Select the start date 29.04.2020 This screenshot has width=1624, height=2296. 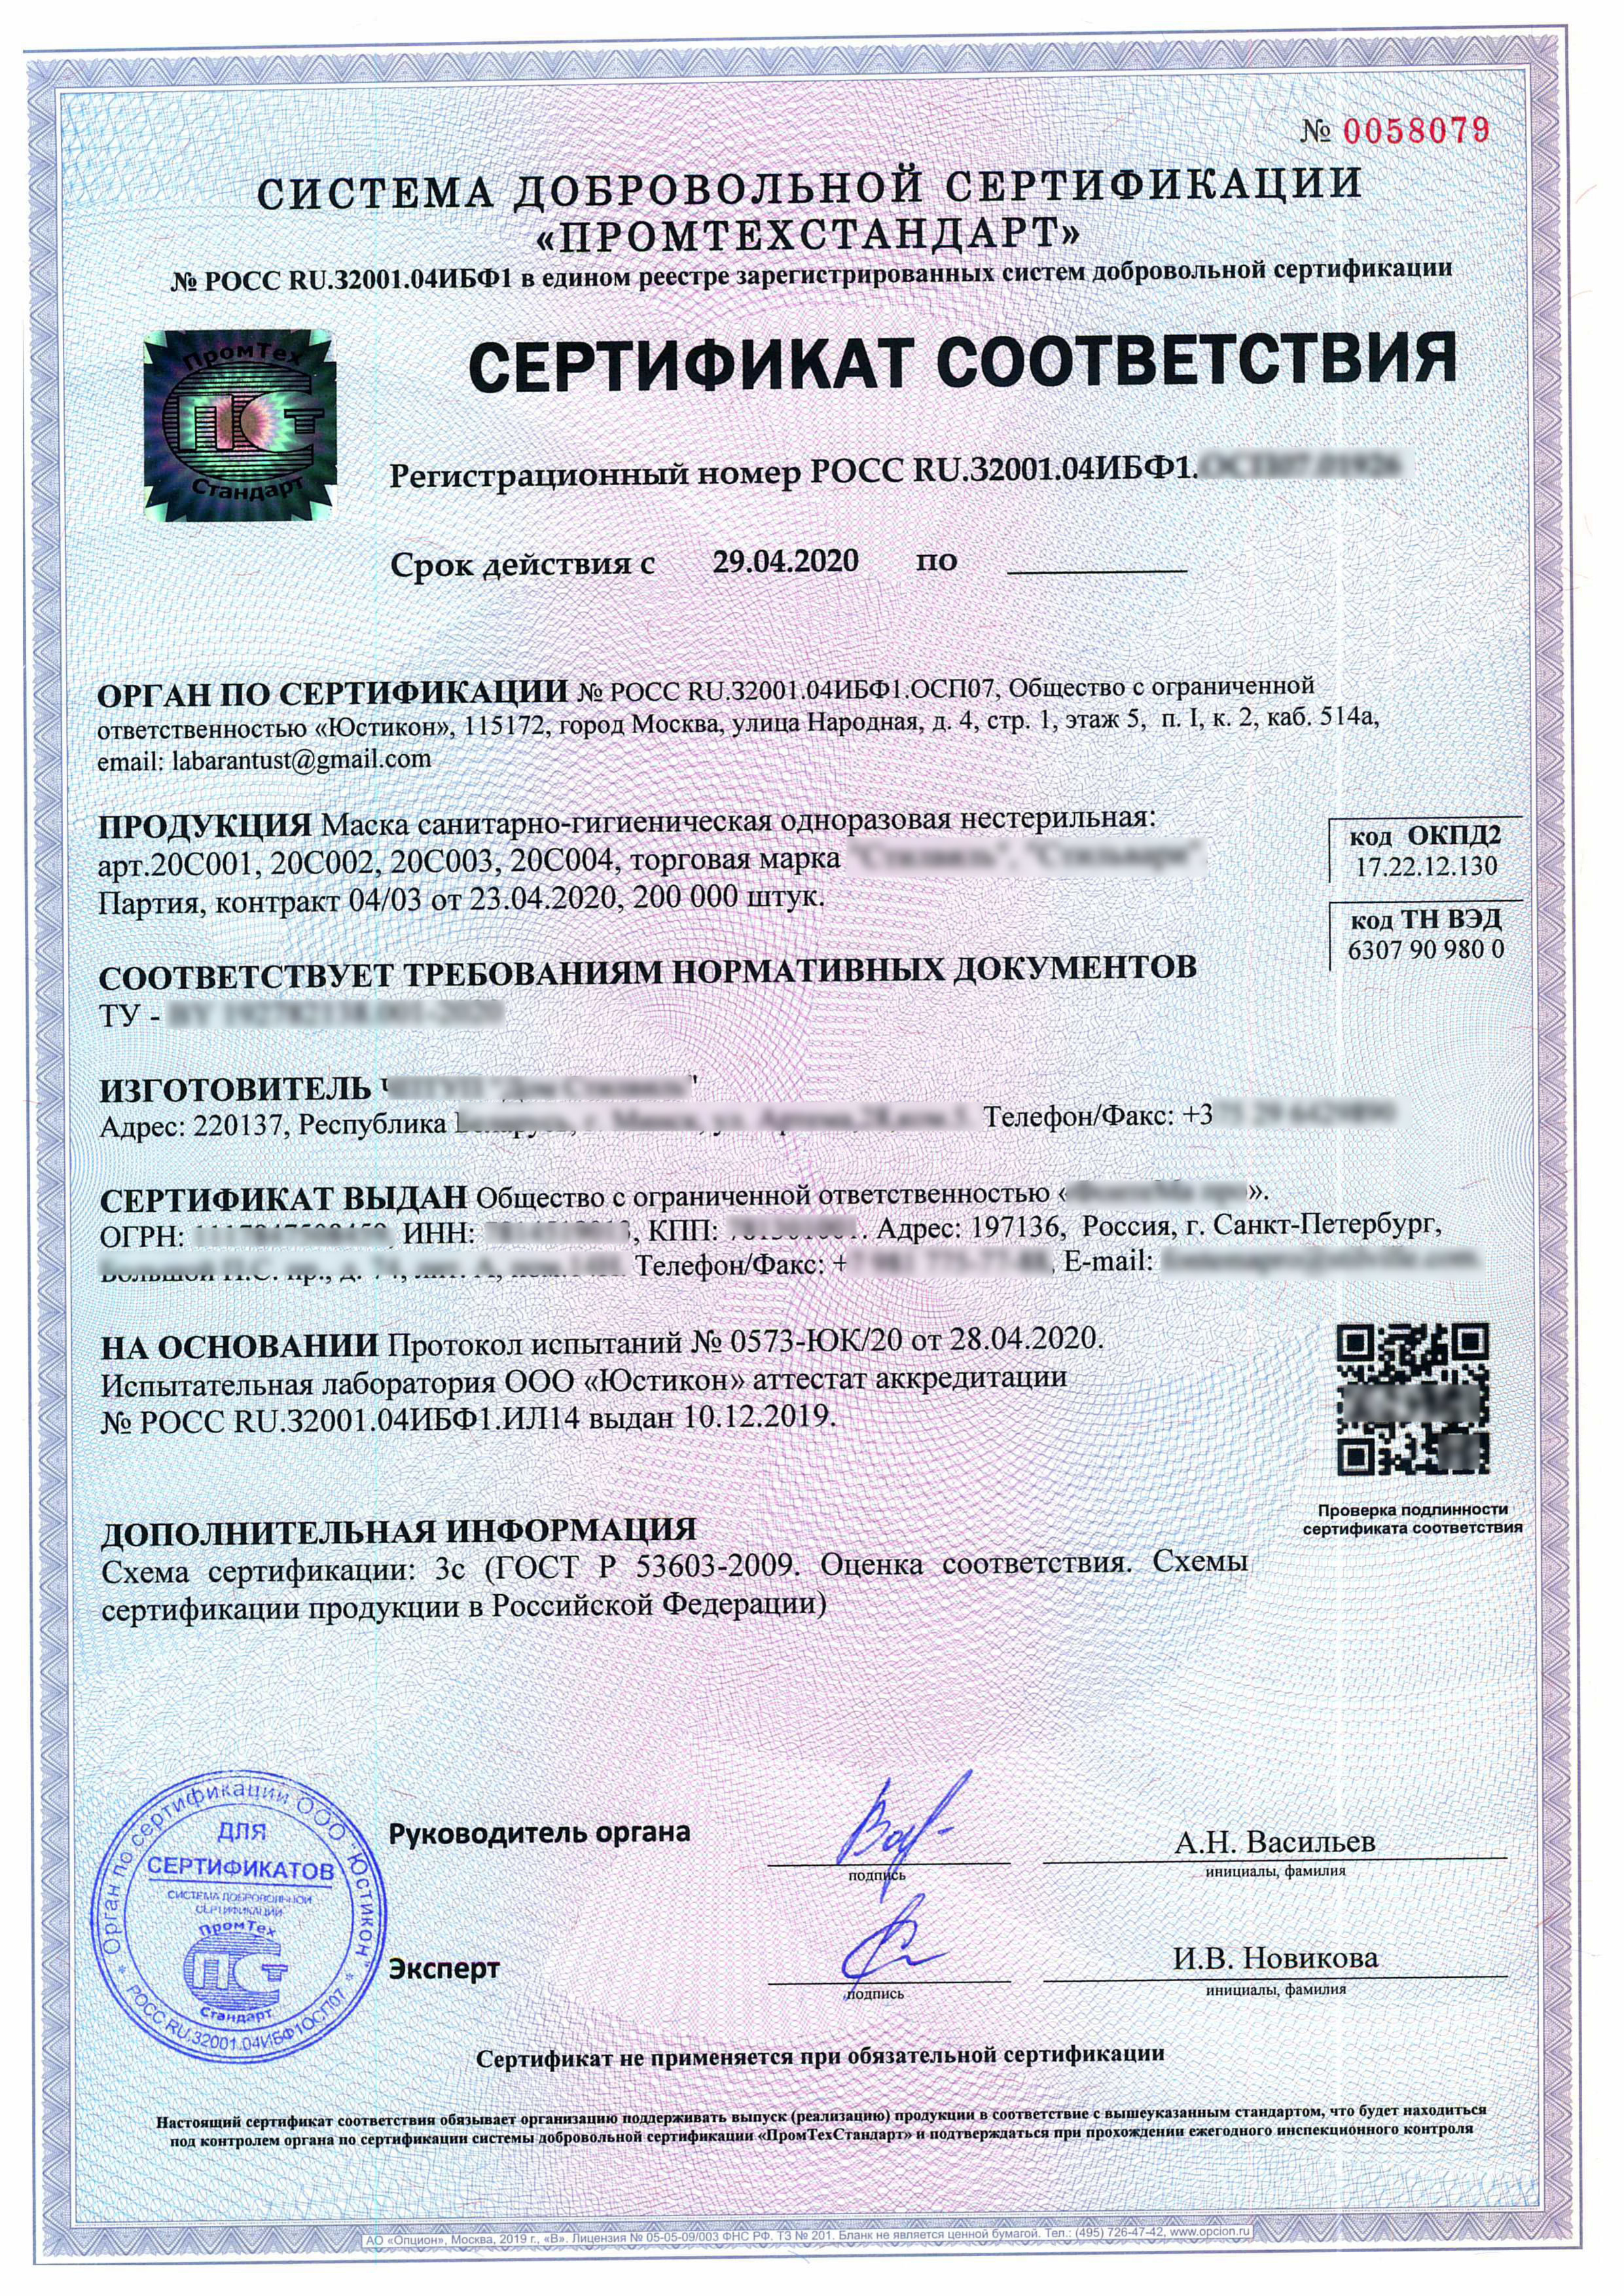click(x=785, y=561)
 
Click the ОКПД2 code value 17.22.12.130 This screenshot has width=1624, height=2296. click(x=1426, y=866)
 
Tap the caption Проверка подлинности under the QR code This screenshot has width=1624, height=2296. click(x=1412, y=1510)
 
